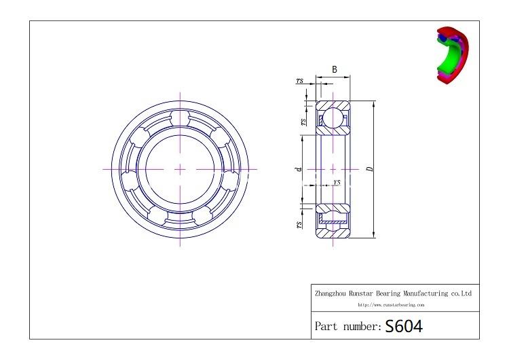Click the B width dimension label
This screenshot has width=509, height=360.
point(335,69)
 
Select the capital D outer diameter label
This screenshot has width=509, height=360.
point(369,169)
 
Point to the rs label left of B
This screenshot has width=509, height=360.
point(299,81)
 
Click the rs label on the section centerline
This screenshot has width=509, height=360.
point(337,182)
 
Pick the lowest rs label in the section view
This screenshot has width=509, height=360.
point(299,224)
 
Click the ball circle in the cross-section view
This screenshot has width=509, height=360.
point(333,117)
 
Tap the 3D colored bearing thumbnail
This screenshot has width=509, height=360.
point(451,56)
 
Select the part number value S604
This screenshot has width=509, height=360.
point(404,326)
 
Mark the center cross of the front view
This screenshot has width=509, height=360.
point(180,168)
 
